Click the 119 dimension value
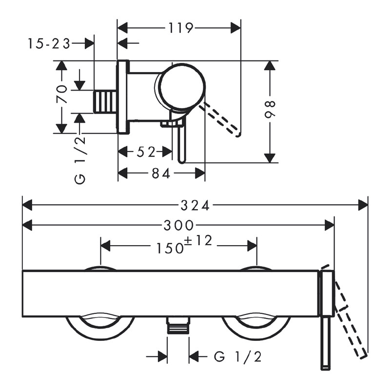click(x=180, y=27)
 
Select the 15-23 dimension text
click(x=48, y=44)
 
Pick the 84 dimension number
click(x=160, y=174)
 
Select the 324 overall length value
click(x=195, y=205)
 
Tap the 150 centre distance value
click(x=170, y=248)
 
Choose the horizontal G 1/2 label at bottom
click(x=238, y=357)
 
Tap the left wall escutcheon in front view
click(x=100, y=327)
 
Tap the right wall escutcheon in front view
click(x=256, y=327)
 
